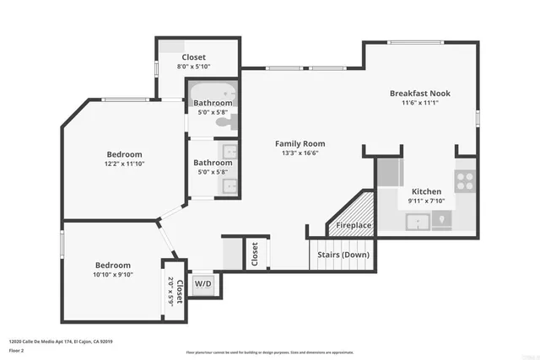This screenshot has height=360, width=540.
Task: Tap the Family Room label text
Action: (x=300, y=143)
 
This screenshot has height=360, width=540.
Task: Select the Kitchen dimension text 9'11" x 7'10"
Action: (x=425, y=201)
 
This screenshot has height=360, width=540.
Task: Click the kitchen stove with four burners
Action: (x=465, y=179)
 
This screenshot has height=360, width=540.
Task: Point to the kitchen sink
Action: (x=418, y=221)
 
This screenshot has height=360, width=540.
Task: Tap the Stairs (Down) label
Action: (x=343, y=254)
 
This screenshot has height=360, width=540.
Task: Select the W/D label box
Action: (x=204, y=284)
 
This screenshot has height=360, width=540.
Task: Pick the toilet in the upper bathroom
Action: (x=223, y=123)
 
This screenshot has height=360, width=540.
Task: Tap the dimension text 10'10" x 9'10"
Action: (x=112, y=273)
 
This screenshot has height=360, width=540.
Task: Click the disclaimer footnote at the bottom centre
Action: (x=269, y=352)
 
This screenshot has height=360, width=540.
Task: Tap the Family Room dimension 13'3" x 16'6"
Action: (x=300, y=153)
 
